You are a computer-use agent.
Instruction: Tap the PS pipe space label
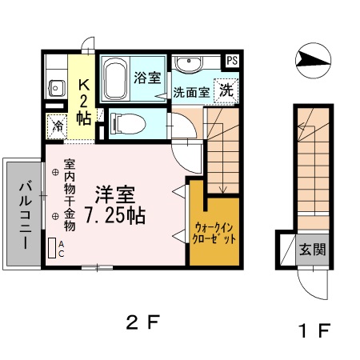click(x=231, y=60)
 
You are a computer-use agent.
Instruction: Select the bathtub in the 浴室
click(x=117, y=78)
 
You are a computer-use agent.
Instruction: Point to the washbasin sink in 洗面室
click(x=189, y=65)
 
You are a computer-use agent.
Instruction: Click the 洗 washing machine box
click(x=227, y=90)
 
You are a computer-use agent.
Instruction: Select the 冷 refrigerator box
click(x=58, y=124)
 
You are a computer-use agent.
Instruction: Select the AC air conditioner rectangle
click(x=53, y=248)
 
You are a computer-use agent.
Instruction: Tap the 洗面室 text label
click(x=193, y=92)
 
